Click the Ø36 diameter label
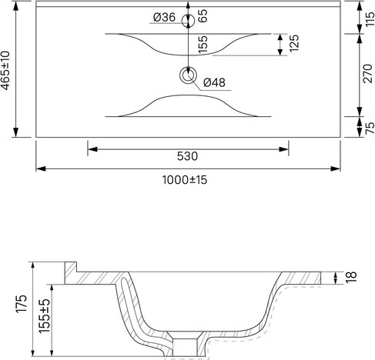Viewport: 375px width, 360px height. click(x=164, y=18)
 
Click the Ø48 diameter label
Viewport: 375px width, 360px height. click(x=214, y=82)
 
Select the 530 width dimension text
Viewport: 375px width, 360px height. click(x=188, y=156)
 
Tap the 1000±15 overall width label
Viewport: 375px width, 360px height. click(x=185, y=180)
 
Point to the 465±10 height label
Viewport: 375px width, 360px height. click(x=6, y=71)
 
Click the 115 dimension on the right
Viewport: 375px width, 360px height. click(x=370, y=19)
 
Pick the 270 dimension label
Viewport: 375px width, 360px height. click(x=367, y=73)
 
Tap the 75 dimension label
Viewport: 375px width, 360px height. click(x=370, y=128)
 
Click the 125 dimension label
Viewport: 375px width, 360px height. click(x=294, y=43)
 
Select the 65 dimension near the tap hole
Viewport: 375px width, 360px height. click(x=203, y=16)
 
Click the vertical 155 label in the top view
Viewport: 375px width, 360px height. click(x=203, y=45)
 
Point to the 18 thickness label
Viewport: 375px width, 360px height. click(x=352, y=277)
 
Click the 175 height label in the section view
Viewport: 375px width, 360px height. click(x=22, y=304)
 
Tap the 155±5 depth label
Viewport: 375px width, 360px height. click(x=45, y=315)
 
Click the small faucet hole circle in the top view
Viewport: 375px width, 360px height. click(x=188, y=21)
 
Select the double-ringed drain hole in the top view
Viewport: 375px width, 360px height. click(x=188, y=75)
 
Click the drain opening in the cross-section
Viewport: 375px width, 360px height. click(x=185, y=348)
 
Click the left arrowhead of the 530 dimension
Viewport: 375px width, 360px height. click(x=92, y=149)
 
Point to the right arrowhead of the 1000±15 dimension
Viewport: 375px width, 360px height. click(x=335, y=168)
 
